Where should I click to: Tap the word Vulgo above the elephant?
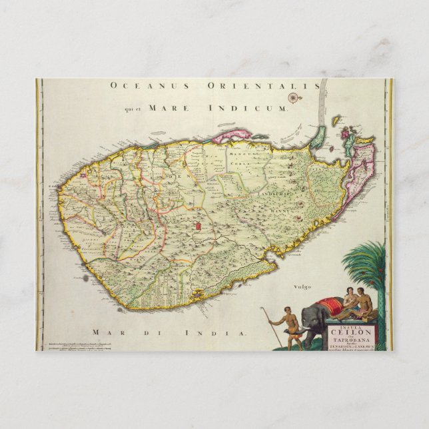(302, 286)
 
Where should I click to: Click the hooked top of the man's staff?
(262, 309)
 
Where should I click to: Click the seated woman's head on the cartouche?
(348, 291)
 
